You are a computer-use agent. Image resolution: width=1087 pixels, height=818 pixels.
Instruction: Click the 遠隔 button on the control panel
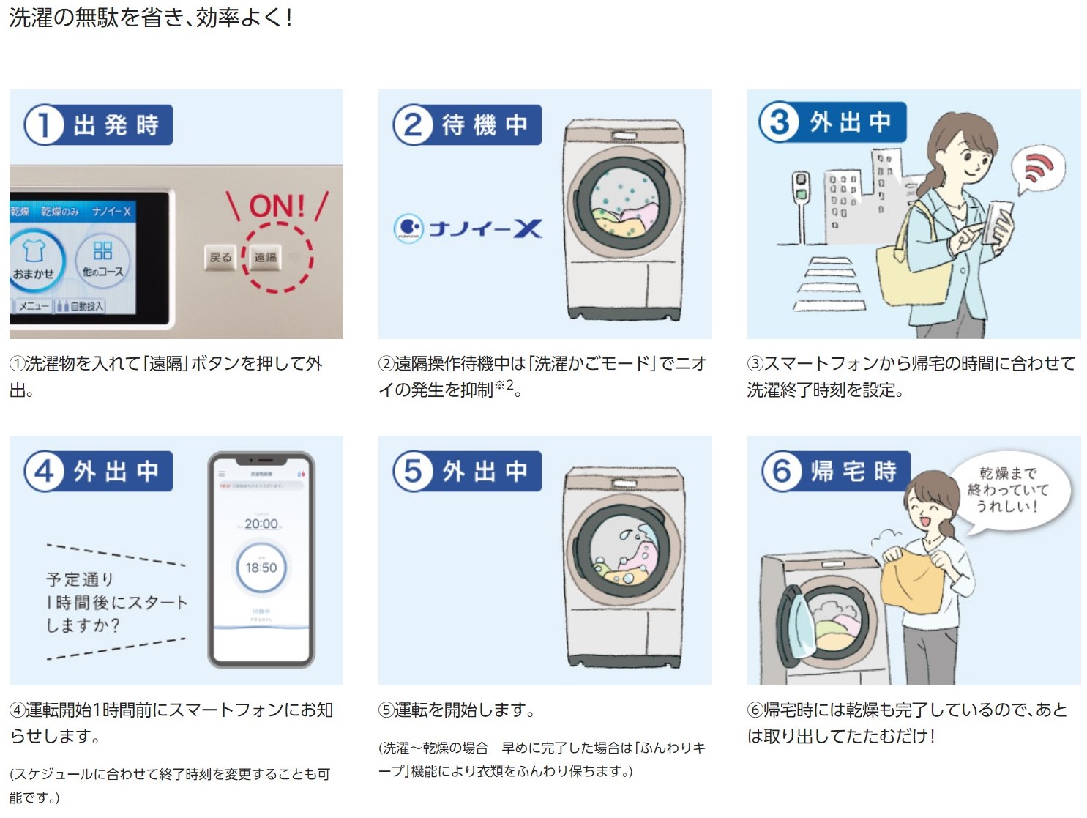coord(265,257)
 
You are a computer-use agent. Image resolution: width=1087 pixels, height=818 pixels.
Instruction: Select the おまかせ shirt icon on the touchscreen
coord(34,260)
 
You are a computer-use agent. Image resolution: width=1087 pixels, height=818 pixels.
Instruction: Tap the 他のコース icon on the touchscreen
coord(102,259)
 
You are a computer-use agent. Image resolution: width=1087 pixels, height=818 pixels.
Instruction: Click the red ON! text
coord(277,207)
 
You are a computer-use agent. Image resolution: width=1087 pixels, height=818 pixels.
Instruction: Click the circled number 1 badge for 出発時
coord(43,124)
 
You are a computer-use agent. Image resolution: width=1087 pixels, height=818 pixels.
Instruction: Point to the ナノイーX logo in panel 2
coord(468,228)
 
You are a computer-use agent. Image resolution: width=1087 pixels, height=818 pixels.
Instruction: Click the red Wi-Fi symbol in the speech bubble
coord(1039,167)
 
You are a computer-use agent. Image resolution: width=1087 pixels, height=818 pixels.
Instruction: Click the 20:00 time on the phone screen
coord(261,524)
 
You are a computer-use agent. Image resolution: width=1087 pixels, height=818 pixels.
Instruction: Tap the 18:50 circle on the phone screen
coord(261,568)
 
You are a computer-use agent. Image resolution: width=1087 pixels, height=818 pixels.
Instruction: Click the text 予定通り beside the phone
coord(80,579)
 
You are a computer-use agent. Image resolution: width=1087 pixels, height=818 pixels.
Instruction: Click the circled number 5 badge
coord(413,471)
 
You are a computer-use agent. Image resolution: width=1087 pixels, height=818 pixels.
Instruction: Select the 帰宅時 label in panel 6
coord(853,471)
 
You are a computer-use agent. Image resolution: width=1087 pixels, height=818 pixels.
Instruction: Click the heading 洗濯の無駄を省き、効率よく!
coord(151,18)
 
